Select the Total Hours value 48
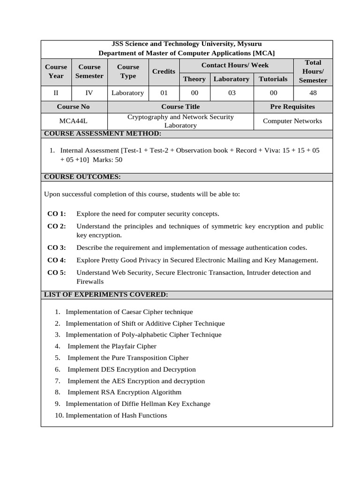pos(313,93)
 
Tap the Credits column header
pos(164,71)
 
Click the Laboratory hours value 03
pos(232,93)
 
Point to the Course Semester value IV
pos(89,93)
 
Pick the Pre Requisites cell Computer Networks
pos(292,121)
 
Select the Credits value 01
pos(164,93)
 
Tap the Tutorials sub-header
pos(273,79)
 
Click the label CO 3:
pos(57,247)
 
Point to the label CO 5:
pos(57,272)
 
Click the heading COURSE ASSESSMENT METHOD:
pos(102,134)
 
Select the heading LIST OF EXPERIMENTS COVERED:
pos(105,294)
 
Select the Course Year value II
pos(56,93)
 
